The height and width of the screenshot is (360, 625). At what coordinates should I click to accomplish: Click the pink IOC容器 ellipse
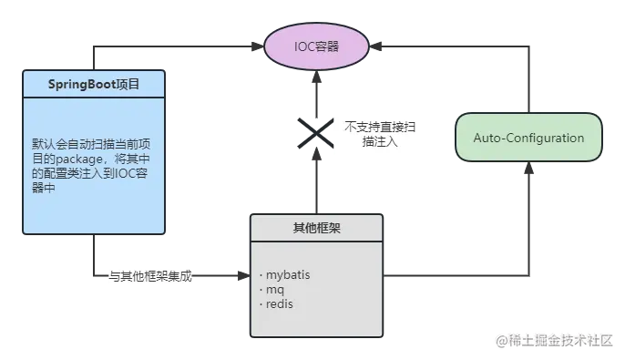pyautogui.click(x=315, y=46)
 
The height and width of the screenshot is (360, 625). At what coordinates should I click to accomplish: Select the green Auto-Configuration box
pyautogui.click(x=528, y=138)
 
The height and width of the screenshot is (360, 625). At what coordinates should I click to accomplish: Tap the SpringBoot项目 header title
pyautogui.click(x=94, y=84)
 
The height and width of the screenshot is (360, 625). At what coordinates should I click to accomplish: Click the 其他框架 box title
pyautogui.click(x=316, y=226)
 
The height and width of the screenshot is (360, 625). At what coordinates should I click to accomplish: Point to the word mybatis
pyautogui.click(x=289, y=273)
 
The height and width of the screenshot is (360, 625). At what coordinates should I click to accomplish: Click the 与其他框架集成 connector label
pyautogui.click(x=150, y=274)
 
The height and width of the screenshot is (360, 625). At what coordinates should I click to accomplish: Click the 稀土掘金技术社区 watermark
pyautogui.click(x=555, y=341)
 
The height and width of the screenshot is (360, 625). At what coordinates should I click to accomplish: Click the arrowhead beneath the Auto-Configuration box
pyautogui.click(x=528, y=170)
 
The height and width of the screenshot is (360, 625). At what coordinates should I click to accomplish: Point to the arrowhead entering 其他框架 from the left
pyautogui.click(x=243, y=274)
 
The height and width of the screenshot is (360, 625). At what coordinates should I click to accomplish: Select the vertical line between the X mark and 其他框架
pyautogui.click(x=315, y=182)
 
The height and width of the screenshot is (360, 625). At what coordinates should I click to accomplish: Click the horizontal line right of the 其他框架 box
pyautogui.click(x=456, y=274)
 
